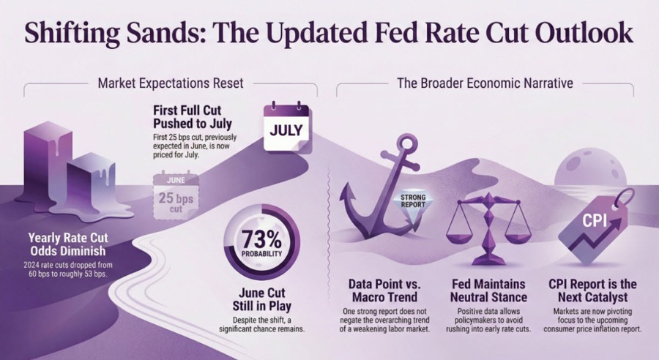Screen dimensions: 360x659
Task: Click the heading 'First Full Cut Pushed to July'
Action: tap(193, 117)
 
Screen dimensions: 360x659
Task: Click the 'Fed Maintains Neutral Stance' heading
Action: tap(488, 290)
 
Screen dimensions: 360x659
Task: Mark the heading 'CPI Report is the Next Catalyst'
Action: tap(592, 290)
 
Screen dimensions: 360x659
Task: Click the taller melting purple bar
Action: tap(44, 170)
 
